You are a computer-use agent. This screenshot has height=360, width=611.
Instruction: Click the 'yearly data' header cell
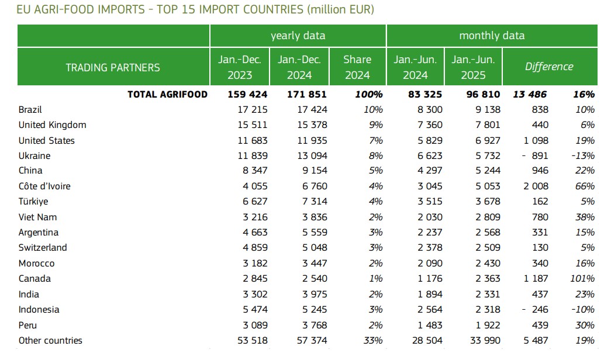pyautogui.click(x=298, y=36)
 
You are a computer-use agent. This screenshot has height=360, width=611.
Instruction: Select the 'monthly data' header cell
pyautogui.click(x=492, y=36)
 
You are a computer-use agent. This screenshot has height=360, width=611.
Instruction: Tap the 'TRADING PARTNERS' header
pyautogui.click(x=113, y=67)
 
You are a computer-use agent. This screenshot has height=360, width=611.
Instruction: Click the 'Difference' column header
pyautogui.click(x=549, y=67)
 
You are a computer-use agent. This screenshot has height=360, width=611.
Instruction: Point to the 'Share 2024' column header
pyautogui.click(x=357, y=67)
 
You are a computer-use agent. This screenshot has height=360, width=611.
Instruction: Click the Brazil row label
pyautogui.click(x=30, y=109)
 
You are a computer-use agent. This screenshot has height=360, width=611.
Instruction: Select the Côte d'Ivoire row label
pyautogui.click(x=44, y=186)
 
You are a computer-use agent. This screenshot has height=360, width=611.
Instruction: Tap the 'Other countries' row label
pyautogui.click(x=50, y=340)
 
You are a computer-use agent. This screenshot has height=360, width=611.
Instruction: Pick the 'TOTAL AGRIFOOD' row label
pyautogui.click(x=167, y=94)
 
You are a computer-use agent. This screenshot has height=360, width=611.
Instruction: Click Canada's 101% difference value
pyautogui.click(x=582, y=279)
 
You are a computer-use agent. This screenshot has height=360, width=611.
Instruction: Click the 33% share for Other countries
pyautogui.click(x=372, y=340)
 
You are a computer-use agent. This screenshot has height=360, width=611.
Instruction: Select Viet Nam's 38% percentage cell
pyautogui.click(x=585, y=217)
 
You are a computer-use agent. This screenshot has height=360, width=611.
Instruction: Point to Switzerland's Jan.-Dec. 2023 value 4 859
pyautogui.click(x=253, y=248)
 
